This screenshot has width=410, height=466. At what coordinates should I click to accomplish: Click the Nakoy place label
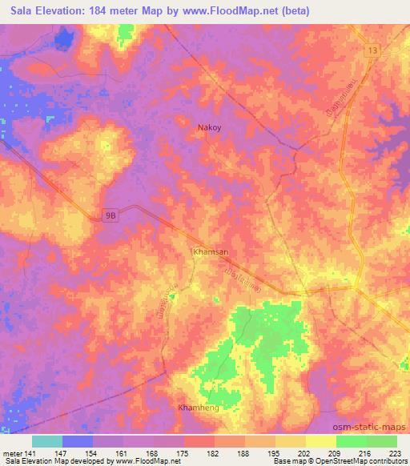point(210,127)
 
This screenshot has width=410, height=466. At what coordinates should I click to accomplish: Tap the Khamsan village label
point(211,251)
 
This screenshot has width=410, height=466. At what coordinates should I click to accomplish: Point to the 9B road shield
point(111,215)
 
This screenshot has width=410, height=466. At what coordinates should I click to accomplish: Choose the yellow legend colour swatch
point(320,441)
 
